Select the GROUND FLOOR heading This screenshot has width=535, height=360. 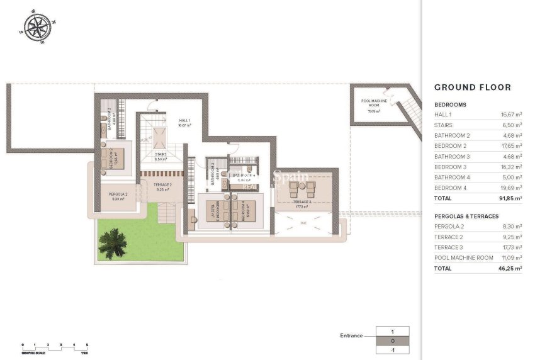tap(473, 87)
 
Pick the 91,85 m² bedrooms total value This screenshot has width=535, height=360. tap(510, 198)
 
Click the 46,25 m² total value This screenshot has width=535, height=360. tap(510, 268)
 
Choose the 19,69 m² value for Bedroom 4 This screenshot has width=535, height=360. tap(510, 188)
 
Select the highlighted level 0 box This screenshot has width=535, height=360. tap(392, 340)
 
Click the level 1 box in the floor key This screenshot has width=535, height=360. tap(392, 331)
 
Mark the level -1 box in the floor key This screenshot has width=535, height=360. tap(392, 349)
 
